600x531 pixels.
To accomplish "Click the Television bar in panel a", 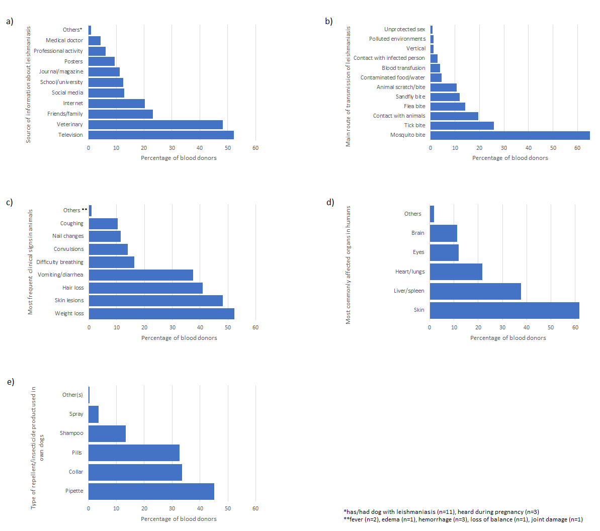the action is [161, 135].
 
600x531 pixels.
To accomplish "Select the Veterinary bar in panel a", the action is [155, 125].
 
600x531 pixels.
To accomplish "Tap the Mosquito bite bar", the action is [510, 135].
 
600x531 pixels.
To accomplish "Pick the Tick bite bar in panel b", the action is [462, 126].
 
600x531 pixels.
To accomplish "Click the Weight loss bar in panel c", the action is [161, 314].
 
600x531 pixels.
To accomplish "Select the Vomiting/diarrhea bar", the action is [141, 275].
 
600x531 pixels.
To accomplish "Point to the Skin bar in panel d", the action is [504, 310].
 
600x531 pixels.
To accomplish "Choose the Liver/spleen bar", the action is [475, 291].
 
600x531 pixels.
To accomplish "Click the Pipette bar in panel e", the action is [151, 492].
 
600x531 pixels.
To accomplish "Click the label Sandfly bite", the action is [410, 97].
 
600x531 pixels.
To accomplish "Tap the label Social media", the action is [67, 93].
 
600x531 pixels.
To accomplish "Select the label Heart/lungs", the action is [410, 272].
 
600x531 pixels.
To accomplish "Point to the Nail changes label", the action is [68, 236].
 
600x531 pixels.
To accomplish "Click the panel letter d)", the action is [330, 202].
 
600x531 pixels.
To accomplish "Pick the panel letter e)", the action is [11, 382].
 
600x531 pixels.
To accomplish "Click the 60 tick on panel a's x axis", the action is [255, 148].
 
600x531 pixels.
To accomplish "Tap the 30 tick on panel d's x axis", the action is [502, 327].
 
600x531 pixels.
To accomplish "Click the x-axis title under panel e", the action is [179, 519].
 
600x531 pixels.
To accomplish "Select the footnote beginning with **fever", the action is [463, 519].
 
